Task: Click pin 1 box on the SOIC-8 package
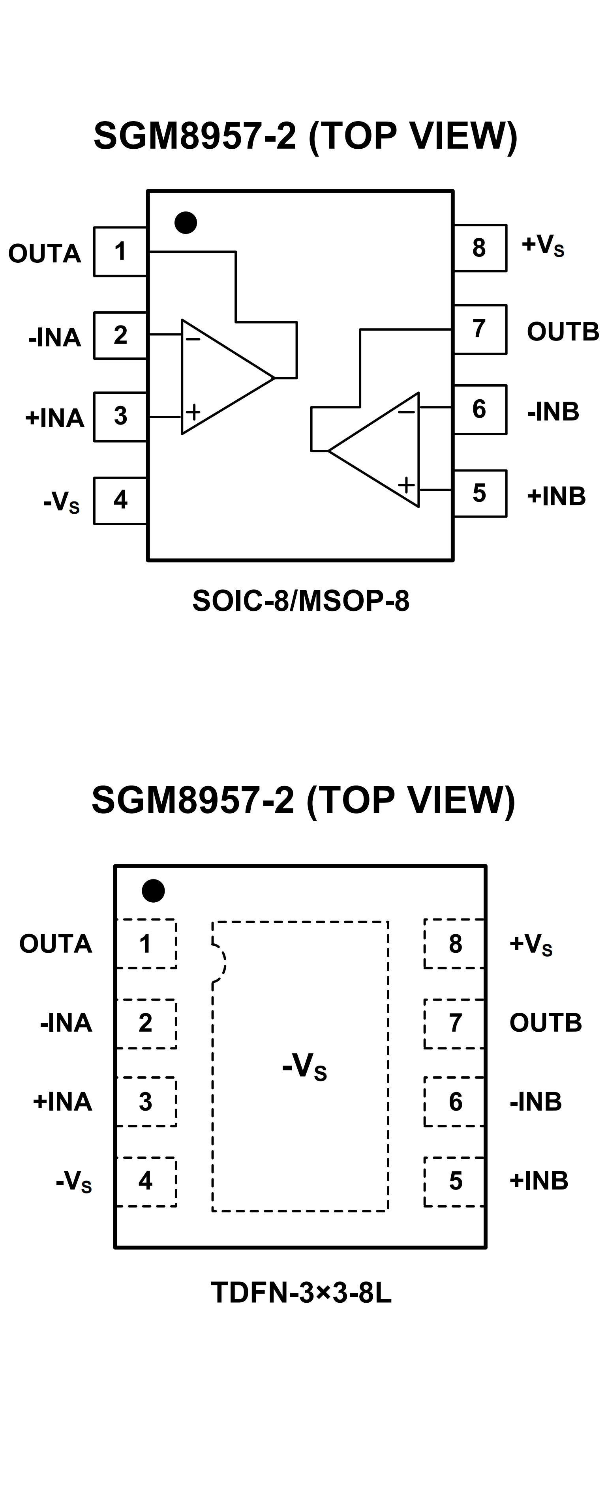120,252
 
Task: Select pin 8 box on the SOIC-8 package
480,247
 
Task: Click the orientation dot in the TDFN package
153,891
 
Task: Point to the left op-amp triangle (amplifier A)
221,377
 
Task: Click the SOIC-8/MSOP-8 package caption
301,601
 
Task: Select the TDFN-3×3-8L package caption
301,1293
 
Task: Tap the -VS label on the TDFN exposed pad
304,1067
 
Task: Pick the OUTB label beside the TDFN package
546,1023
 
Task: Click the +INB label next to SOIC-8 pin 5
556,496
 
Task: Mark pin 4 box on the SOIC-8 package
120,500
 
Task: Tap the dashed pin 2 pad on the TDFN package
146,1023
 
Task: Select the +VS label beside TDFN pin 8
530,944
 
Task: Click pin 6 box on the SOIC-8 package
480,410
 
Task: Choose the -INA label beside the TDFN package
66,1023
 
